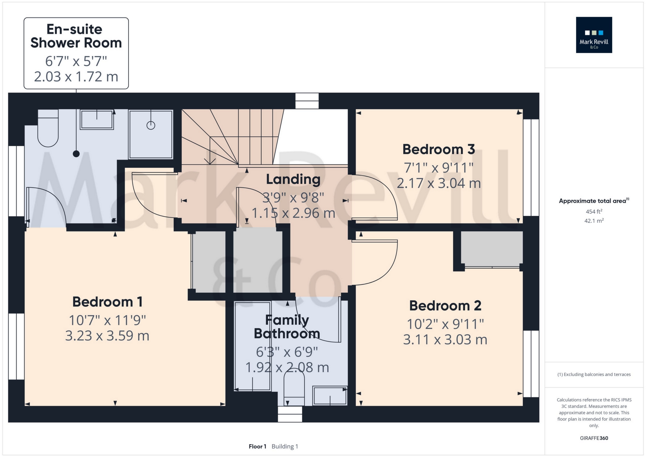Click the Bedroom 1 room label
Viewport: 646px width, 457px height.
107,302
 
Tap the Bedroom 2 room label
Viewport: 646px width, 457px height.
445,306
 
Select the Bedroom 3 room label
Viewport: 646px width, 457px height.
439,149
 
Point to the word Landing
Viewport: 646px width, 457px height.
293,180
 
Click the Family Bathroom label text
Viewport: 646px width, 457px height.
287,327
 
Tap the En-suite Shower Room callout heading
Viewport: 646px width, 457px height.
76,36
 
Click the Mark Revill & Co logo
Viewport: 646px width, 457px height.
594,35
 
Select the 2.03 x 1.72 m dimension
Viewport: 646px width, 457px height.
76,77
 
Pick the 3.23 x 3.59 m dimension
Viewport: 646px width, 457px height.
107,335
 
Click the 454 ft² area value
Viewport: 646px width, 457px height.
594,211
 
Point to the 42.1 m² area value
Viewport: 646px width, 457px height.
594,221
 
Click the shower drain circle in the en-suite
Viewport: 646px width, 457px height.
151,126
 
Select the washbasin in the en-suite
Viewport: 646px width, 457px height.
97,120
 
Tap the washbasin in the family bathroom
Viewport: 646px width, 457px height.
330,396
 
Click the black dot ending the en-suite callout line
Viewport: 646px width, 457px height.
76,154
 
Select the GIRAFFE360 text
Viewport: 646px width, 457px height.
594,438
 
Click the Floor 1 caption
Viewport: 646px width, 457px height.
257,446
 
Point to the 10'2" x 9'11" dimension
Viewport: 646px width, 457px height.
445,324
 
